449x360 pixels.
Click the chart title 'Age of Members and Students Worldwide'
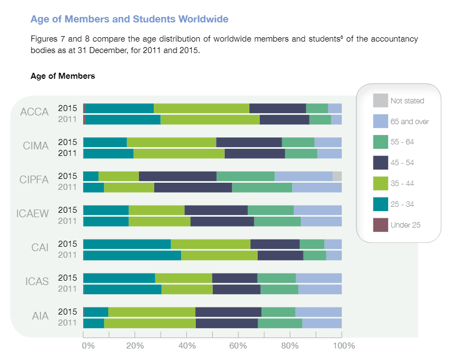tap(130, 19)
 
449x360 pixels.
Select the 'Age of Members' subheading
tap(63, 76)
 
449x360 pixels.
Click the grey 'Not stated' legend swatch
tap(380, 101)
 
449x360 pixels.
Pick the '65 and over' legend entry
tap(409, 121)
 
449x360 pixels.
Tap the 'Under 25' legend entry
tap(405, 225)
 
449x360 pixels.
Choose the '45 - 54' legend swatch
tap(380, 162)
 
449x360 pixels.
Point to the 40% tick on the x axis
tap(187, 346)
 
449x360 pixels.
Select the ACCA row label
tap(34, 112)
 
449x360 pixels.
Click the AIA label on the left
tap(40, 316)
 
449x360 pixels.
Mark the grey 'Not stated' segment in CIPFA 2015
tap(337, 176)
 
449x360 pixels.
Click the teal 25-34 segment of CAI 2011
tap(132, 255)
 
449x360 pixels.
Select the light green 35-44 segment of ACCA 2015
tap(201, 108)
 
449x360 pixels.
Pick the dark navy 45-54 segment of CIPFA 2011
tap(193, 187)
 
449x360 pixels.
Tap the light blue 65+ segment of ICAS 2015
tap(319, 278)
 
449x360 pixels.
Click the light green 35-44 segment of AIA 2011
tap(150, 323)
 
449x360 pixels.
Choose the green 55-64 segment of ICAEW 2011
tap(277, 221)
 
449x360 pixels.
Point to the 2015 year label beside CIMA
tap(68, 142)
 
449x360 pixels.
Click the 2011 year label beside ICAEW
tap(68, 221)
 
